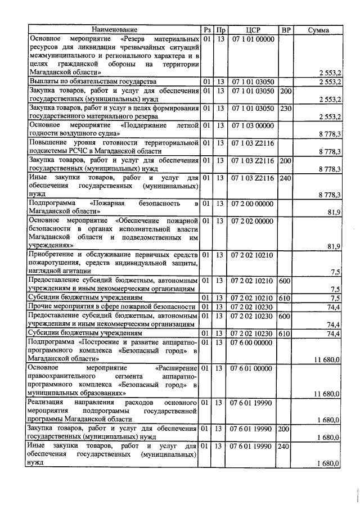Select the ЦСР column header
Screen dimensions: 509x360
(253, 30)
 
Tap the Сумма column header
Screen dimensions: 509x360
(319, 30)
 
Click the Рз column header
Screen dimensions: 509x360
(208, 30)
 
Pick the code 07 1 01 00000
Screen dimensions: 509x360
(253, 39)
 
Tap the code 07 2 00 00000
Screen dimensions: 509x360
(253, 203)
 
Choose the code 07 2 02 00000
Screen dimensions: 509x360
(253, 220)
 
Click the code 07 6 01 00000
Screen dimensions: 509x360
(253, 368)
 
